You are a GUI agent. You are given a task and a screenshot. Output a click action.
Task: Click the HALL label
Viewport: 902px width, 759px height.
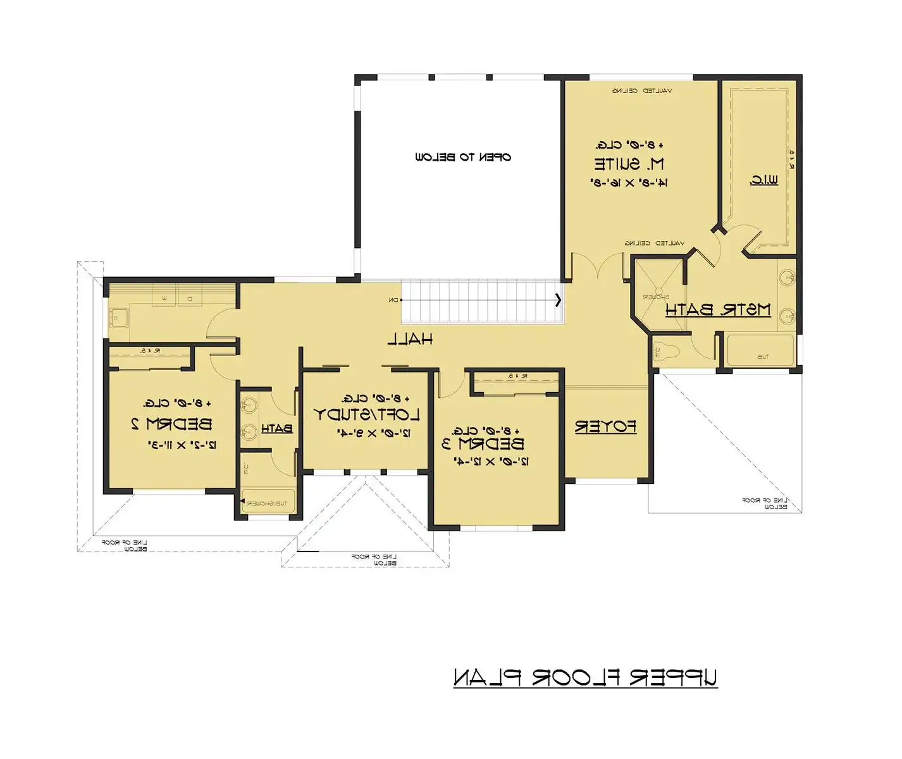coord(410,340)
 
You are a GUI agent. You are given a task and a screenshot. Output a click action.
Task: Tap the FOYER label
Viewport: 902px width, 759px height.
coord(605,427)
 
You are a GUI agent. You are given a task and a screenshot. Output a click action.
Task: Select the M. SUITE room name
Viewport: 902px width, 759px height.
coord(629,164)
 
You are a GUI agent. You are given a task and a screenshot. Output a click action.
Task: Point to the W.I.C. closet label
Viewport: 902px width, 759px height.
coord(763,180)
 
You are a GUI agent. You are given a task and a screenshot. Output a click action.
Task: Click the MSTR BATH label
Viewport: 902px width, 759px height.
coord(718,310)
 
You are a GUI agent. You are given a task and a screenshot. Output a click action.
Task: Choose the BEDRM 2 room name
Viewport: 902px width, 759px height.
coord(171,424)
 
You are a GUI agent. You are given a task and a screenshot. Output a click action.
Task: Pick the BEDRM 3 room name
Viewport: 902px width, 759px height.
coord(483,443)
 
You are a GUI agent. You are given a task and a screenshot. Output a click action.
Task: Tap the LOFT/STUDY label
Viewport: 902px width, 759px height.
coord(367,415)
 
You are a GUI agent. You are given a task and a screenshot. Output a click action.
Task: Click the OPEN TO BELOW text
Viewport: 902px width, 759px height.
coord(463,157)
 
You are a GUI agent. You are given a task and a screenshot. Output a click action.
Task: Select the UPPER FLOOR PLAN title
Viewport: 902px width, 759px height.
coord(585,677)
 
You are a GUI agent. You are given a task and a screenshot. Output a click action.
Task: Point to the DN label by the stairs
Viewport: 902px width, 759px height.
coord(394,300)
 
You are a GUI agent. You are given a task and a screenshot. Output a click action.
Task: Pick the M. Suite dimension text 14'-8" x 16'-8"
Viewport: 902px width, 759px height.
coord(629,183)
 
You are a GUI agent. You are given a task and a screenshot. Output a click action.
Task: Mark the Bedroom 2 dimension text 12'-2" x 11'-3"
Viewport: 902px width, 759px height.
coord(182,445)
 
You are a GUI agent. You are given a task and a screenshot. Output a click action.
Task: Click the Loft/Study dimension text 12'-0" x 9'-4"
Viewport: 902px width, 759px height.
coord(374,433)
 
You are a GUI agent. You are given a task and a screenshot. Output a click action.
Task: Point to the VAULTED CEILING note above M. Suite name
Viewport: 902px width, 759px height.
coord(641,91)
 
